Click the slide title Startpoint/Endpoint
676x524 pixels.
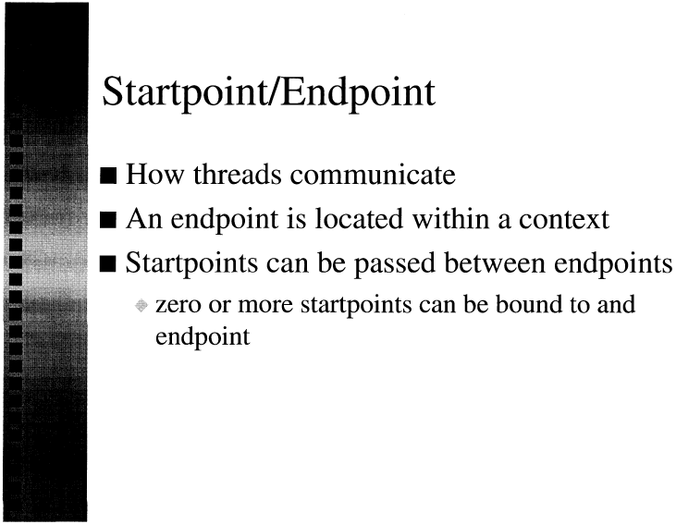268,93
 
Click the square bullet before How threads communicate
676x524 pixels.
108,176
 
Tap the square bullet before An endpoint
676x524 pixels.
108,219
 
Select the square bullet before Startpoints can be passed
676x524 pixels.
108,263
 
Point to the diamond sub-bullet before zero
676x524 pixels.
141,306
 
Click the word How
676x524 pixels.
154,175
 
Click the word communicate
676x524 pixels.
373,175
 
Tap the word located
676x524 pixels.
359,218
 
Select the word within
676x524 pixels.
451,218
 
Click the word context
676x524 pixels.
564,219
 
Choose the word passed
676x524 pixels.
395,263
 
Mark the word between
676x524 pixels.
495,262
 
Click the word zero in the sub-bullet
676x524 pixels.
178,305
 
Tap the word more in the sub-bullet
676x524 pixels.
265,305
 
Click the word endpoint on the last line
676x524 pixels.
203,337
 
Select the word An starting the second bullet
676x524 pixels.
144,218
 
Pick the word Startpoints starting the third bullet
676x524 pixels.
191,263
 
